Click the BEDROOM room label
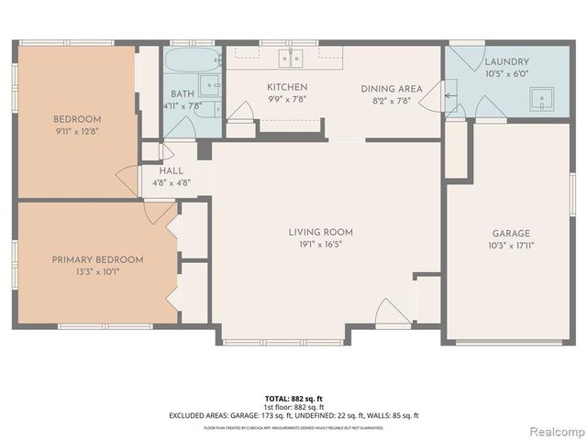pos(77,119)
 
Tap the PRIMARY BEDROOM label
pos(98,259)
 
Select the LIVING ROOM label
pos(320,232)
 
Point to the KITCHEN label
pos(287,86)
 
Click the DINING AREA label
pos(392,88)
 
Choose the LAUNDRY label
pos(506,62)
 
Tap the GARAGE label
pos(512,234)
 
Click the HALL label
pos(171,170)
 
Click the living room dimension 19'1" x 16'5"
pos(320,245)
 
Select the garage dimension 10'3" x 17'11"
pos(512,247)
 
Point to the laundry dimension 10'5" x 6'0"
pos(506,75)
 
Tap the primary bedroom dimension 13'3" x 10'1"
pos(98,271)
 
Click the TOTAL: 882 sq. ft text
pos(293,399)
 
